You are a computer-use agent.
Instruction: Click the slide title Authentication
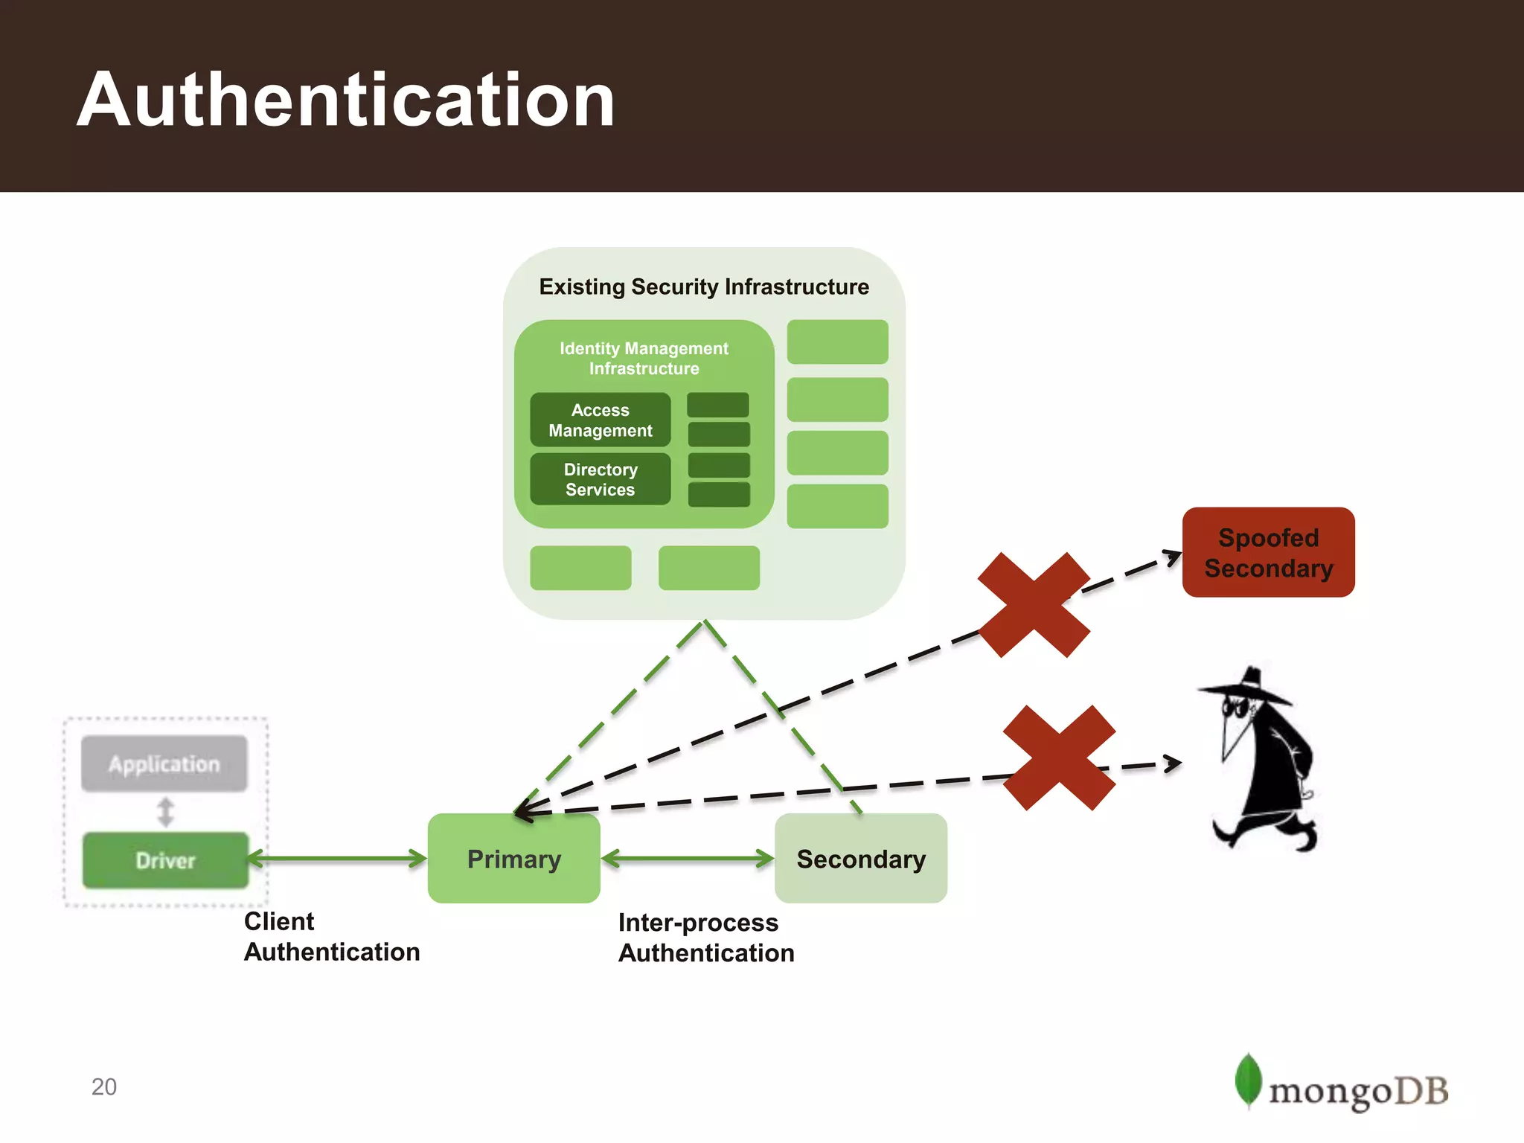[345, 100]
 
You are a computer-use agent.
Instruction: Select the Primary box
[513, 858]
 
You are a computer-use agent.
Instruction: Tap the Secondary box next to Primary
[861, 858]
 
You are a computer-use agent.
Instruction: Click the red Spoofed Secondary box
[1268, 552]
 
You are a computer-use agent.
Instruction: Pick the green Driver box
[165, 860]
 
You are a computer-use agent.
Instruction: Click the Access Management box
[600, 420]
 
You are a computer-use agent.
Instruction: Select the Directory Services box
[600, 479]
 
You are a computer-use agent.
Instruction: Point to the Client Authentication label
[331, 936]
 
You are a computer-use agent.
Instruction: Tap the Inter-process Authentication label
[705, 938]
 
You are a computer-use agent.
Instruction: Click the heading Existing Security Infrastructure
[703, 286]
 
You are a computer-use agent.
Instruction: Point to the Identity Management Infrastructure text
[644, 358]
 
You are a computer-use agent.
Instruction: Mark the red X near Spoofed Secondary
[1034, 604]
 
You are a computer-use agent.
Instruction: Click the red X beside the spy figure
[1059, 758]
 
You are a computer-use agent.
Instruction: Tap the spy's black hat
[1250, 688]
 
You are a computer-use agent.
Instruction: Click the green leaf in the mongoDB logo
[1248, 1080]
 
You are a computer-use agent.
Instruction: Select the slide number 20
[104, 1086]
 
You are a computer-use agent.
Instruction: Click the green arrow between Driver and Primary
[337, 859]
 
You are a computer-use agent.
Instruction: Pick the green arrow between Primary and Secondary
[688, 859]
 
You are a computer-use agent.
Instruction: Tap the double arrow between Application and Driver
[165, 812]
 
